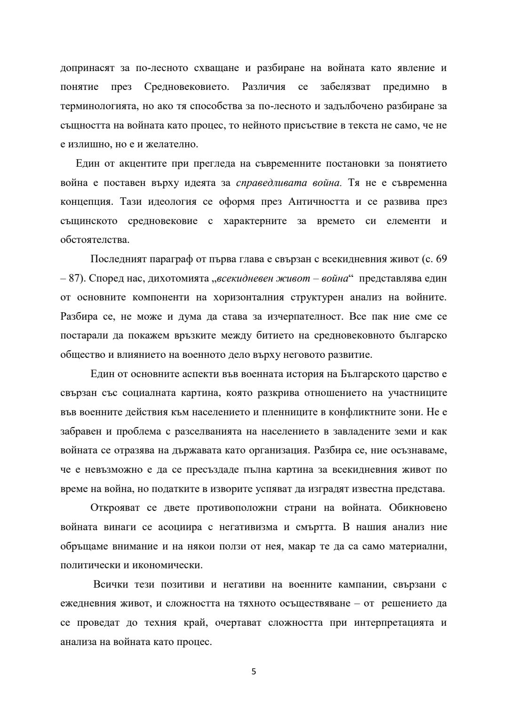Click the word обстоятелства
(x=95, y=240)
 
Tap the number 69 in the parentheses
(x=441, y=259)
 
